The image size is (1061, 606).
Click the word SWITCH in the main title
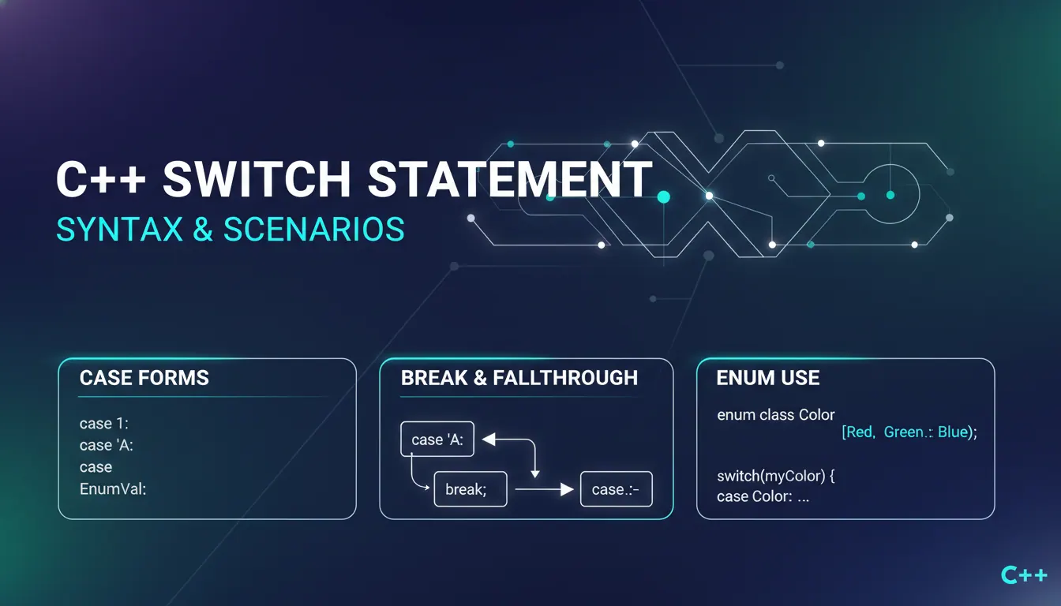[x=257, y=179]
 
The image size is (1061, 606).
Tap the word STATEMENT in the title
[x=510, y=179]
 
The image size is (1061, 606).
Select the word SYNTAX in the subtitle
[x=119, y=230]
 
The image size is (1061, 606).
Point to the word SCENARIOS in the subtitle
[x=313, y=230]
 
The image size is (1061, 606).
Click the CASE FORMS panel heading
[x=144, y=378]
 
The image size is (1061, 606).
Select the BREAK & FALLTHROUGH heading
[x=519, y=378]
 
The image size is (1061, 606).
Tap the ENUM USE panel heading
[x=768, y=378]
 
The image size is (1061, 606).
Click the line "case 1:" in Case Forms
[x=103, y=423]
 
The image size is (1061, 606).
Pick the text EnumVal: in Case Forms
[x=113, y=488]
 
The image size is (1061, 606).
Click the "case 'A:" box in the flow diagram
[x=437, y=439]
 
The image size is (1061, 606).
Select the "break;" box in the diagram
[x=471, y=489]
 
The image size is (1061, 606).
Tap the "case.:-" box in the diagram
[x=617, y=489]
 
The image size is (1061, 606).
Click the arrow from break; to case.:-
[x=544, y=489]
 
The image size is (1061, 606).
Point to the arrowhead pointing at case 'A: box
[x=489, y=439]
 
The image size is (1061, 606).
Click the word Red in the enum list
[x=858, y=432]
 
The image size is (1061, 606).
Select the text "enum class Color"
[x=775, y=415]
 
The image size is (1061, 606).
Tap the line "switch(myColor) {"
[x=775, y=476]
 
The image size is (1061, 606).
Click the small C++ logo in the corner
[x=1024, y=574]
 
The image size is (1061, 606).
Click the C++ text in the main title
[x=101, y=179]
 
